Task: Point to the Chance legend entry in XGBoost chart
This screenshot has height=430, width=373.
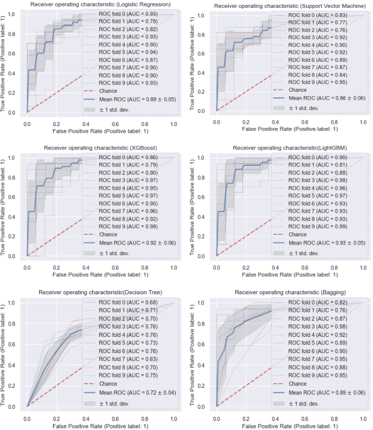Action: (x=108, y=234)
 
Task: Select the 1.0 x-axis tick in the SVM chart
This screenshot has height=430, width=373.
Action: (x=362, y=122)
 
